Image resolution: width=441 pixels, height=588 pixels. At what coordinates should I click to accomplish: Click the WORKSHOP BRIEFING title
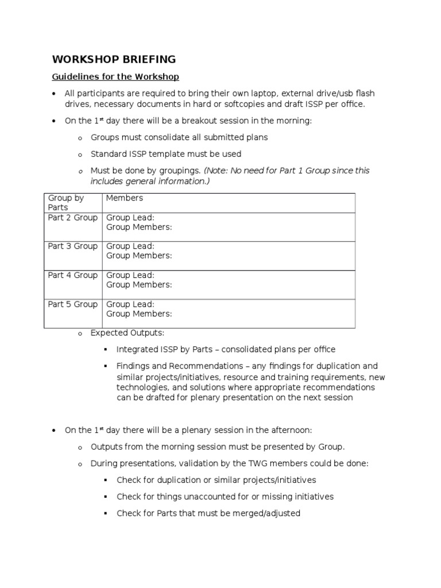click(114, 60)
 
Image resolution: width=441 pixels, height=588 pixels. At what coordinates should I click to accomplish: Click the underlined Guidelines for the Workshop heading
click(115, 76)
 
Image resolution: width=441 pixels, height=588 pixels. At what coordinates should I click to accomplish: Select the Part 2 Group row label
click(72, 217)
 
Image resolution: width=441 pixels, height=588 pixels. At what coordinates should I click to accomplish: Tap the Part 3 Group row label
click(72, 246)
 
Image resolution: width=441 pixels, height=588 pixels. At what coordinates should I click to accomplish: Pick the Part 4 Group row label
click(72, 275)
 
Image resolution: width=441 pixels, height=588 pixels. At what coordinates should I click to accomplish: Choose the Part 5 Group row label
click(72, 304)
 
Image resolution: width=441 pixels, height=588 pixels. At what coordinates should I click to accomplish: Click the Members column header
click(125, 198)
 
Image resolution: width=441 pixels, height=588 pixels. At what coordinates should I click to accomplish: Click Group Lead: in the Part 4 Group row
click(130, 275)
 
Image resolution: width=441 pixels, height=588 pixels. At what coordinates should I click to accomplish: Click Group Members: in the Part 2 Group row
click(139, 227)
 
